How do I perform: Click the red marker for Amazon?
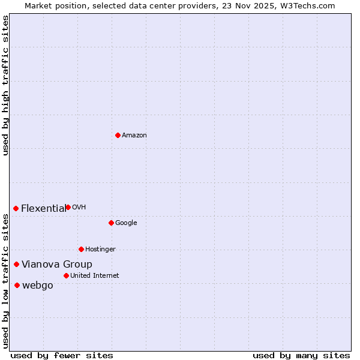(118, 135)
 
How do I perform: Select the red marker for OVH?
(68, 207)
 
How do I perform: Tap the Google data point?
(111, 223)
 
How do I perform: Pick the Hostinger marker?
(81, 249)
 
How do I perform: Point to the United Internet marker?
(66, 275)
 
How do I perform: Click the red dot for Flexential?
(16, 208)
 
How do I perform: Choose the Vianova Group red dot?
(16, 264)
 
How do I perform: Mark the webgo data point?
(17, 285)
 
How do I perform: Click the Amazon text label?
(134, 136)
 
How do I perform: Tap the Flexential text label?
(43, 209)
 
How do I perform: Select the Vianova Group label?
(57, 265)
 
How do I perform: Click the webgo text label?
(38, 286)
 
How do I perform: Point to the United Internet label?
(95, 276)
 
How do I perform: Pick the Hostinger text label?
(100, 250)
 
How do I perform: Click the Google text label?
(126, 223)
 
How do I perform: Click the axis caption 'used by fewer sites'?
(62, 355)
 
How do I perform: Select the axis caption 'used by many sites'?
(301, 355)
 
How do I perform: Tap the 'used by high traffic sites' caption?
(5, 85)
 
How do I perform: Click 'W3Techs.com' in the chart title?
(310, 6)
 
